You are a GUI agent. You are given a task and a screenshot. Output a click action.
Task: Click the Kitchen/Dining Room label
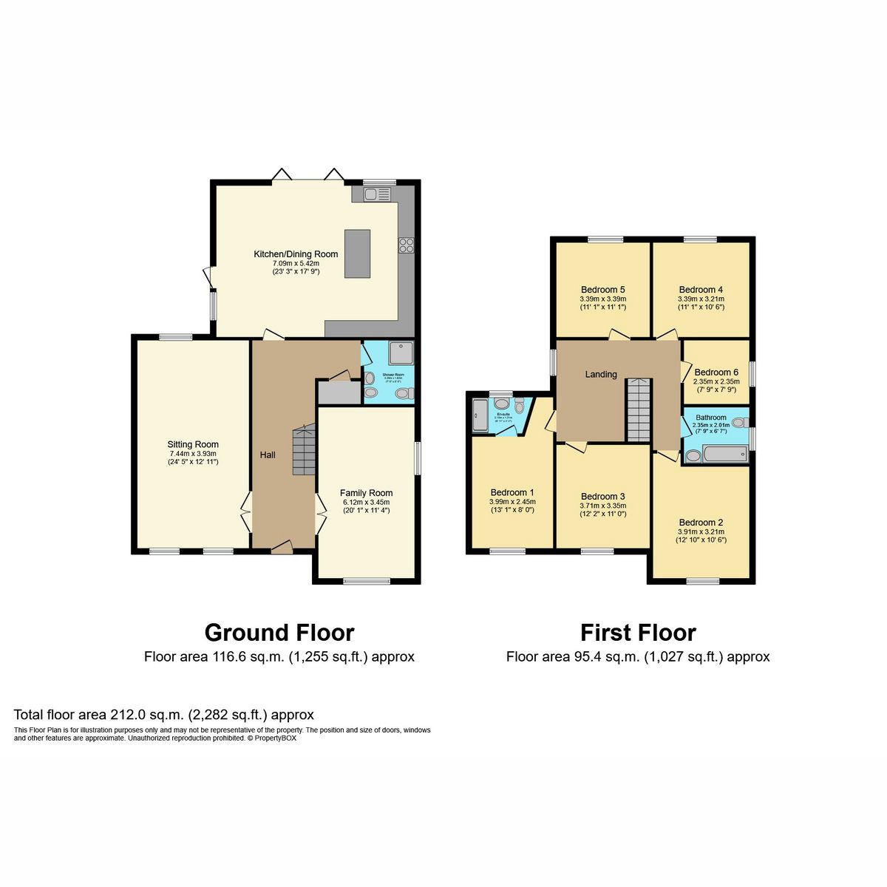(296, 254)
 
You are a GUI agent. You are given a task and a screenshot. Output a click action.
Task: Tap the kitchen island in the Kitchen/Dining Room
(357, 254)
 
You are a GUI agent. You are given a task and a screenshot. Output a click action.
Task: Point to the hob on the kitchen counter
(406, 245)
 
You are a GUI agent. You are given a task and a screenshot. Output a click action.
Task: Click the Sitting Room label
(193, 445)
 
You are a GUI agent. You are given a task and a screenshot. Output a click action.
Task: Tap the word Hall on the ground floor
(268, 455)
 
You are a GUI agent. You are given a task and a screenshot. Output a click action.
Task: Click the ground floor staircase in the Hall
(304, 450)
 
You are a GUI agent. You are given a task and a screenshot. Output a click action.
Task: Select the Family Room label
(366, 493)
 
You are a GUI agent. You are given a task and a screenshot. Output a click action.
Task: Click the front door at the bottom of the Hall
(281, 548)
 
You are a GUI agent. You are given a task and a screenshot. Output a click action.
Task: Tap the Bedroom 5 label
(603, 290)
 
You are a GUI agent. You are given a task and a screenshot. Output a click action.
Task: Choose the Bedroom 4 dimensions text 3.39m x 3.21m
(701, 299)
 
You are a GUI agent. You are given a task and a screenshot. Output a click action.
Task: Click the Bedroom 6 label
(716, 373)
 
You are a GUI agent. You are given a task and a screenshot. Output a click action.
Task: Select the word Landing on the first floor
(601, 375)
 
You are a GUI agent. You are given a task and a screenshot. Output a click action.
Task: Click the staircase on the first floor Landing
(638, 410)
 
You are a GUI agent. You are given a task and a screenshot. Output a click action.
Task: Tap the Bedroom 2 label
(701, 523)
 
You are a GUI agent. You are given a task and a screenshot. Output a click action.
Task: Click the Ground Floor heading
(279, 633)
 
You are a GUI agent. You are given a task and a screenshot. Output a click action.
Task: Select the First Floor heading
(638, 633)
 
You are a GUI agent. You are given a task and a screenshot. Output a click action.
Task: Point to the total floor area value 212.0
(126, 715)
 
